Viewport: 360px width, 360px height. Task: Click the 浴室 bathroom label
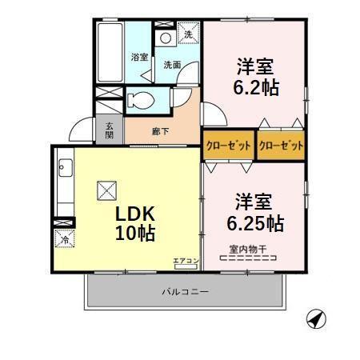coord(138,57)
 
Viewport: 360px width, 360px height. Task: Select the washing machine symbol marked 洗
coord(189,34)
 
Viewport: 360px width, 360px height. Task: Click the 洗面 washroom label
coord(172,65)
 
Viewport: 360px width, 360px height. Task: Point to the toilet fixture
coord(139,101)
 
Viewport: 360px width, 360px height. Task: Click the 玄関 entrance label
coord(108,130)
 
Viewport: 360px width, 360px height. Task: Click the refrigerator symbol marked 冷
coord(62,238)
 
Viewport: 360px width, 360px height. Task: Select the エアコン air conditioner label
coord(184,260)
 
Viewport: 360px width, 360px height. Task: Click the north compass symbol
coord(317,319)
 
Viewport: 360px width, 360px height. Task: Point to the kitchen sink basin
coord(65,167)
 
